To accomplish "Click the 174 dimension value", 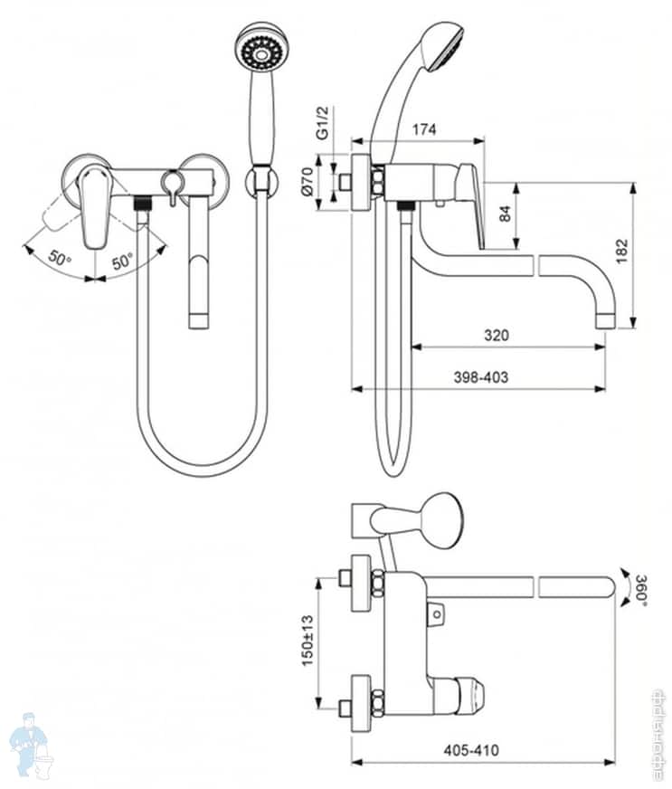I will coord(422,130).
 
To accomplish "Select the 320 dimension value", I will coord(495,335).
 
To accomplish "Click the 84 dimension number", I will coord(506,214).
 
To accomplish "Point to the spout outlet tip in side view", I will coord(605,319).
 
